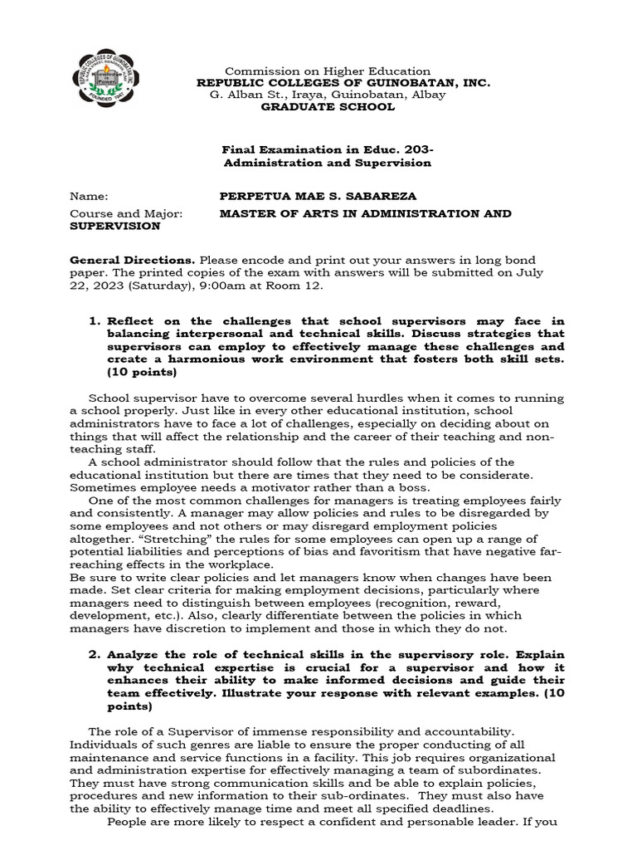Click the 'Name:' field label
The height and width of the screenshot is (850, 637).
[x=90, y=197]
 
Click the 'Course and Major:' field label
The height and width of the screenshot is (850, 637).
[x=125, y=213]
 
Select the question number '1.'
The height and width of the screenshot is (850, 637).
[x=95, y=321]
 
